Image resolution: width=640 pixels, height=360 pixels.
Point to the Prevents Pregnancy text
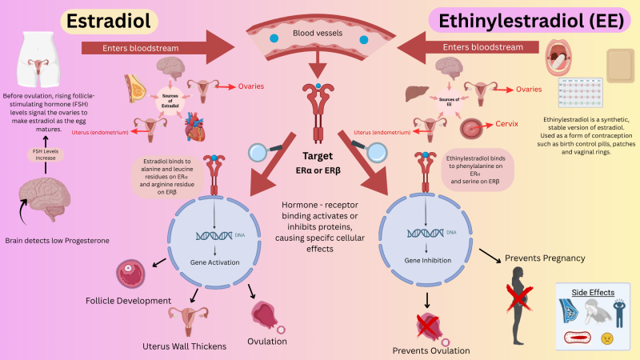click(545, 258)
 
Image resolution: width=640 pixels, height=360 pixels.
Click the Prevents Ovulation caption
click(431, 350)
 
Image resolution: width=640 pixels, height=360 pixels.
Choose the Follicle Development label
click(129, 301)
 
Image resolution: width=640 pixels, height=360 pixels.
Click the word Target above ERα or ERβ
click(318, 156)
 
